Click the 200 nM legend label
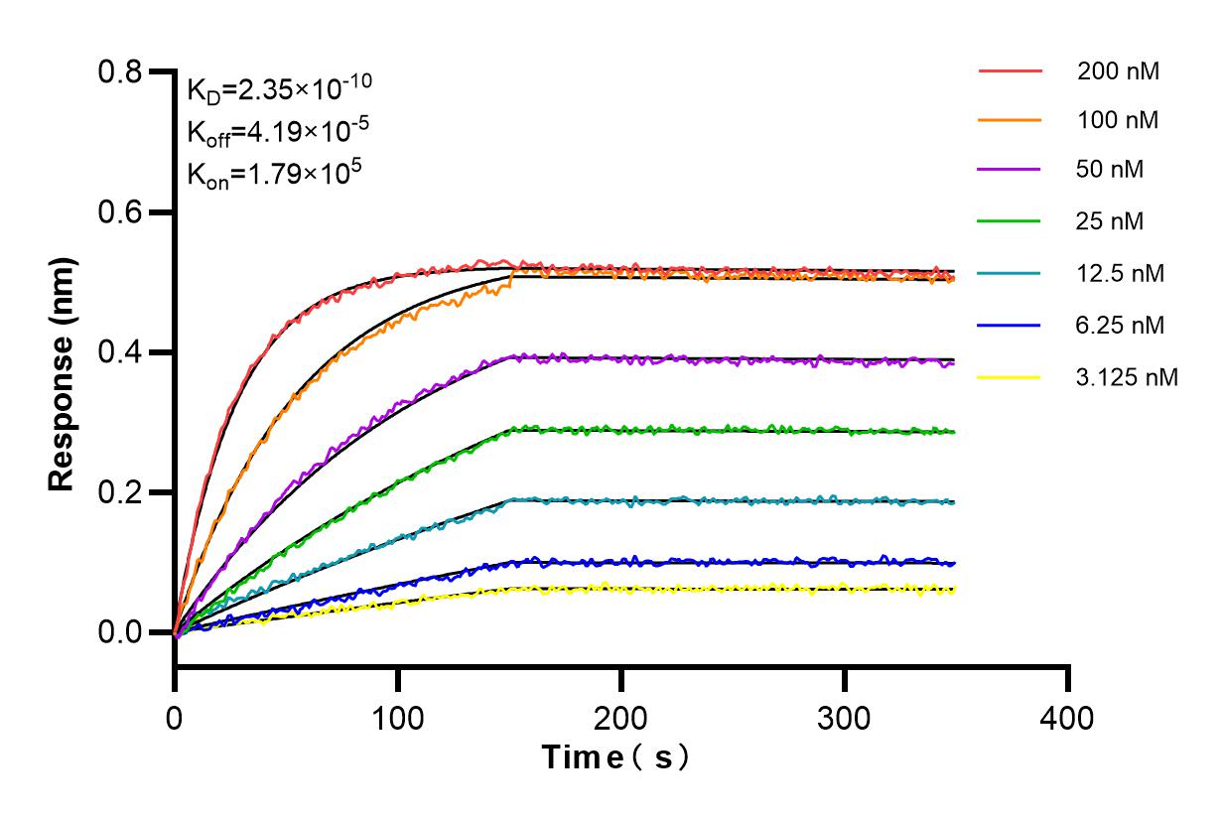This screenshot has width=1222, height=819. [x=1118, y=71]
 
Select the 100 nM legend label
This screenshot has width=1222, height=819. [x=1118, y=121]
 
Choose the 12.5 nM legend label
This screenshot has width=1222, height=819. [x=1121, y=272]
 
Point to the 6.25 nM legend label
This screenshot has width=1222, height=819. [x=1121, y=325]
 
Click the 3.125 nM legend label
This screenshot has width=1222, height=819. [x=1128, y=377]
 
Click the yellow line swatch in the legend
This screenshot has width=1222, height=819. [x=1010, y=377]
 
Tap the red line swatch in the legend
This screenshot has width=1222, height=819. [x=1010, y=71]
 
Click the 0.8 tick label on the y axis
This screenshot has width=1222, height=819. [x=121, y=72]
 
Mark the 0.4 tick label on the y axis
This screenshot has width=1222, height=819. [x=121, y=353]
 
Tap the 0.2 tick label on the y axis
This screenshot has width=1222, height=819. [x=121, y=493]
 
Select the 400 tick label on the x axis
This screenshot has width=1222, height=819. [x=1068, y=718]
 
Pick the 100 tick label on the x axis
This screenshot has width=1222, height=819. [x=398, y=718]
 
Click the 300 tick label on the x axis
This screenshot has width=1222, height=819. [x=845, y=718]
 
